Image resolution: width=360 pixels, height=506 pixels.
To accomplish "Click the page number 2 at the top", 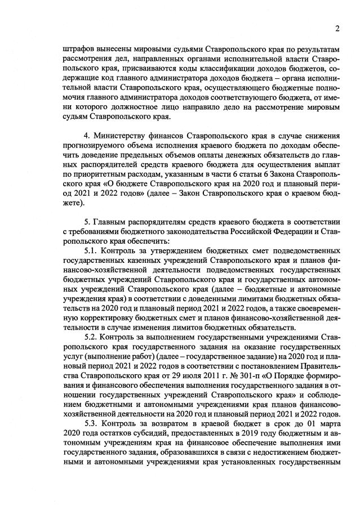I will point(337,29).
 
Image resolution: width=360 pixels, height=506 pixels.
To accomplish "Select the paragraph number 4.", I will point(86,136).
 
